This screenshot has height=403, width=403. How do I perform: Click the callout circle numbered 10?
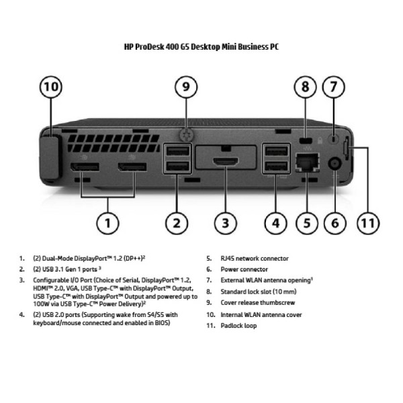[51, 87]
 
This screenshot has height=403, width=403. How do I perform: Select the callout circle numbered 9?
[186, 87]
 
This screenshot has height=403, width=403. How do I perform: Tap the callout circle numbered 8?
[306, 87]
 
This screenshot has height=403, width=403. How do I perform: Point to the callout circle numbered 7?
[333, 87]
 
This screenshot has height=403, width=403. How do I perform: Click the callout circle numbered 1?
[107, 222]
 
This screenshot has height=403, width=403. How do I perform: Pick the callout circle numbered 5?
[306, 222]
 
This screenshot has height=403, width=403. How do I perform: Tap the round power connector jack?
[333, 163]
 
